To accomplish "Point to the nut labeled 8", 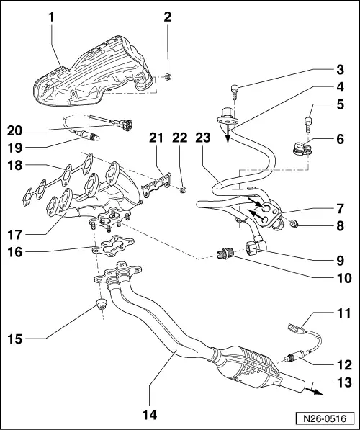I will (296, 229).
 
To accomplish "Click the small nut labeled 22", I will (183, 190).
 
